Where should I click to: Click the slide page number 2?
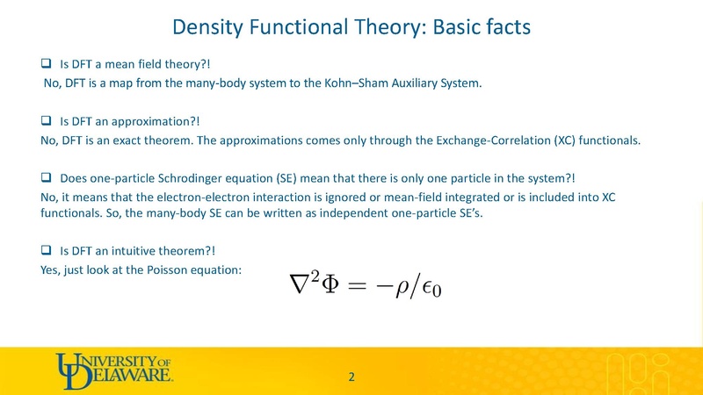click(351, 377)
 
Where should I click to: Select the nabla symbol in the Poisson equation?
click(291, 286)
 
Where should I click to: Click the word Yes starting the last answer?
click(50, 269)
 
